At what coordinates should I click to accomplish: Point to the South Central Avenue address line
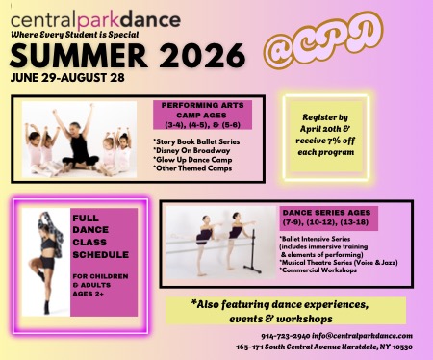click(323, 347)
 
